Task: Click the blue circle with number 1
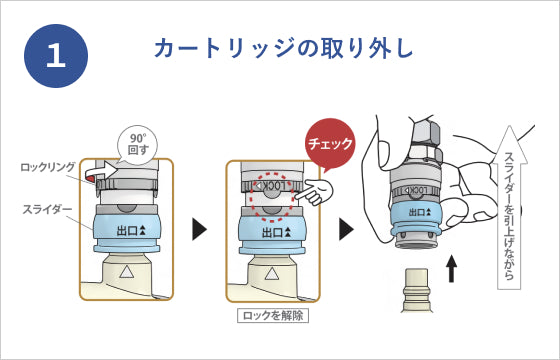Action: click(56, 56)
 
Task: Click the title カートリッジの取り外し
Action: click(283, 49)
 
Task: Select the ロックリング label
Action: click(48, 167)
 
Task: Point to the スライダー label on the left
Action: click(48, 209)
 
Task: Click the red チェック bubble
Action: click(330, 144)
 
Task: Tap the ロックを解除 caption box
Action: click(273, 316)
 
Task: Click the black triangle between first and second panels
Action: click(199, 229)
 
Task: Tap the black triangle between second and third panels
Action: click(346, 229)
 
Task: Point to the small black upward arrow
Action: click(452, 268)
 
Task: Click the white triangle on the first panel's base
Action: click(126, 273)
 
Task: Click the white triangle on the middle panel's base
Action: click(272, 274)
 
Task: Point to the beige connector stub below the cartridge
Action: click(416, 290)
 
